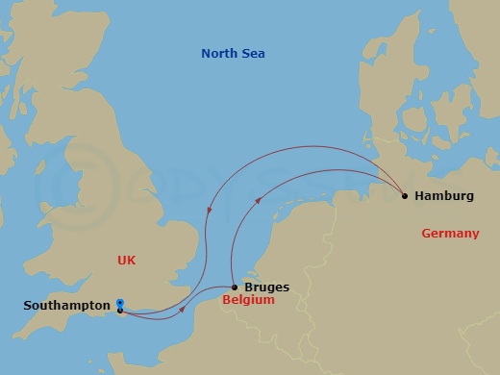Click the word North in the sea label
pyautogui.click(x=218, y=54)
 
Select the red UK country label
pyautogui.click(x=127, y=260)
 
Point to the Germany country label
pyautogui.click(x=450, y=234)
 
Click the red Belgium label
pyautogui.click(x=248, y=300)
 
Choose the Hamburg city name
pyautogui.click(x=444, y=196)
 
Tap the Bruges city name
pyautogui.click(x=266, y=287)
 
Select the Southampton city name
pyautogui.click(x=65, y=306)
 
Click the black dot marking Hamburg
pyautogui.click(x=405, y=196)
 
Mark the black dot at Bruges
pyautogui.click(x=236, y=287)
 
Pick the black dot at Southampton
pyautogui.click(x=119, y=310)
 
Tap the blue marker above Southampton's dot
pyautogui.click(x=119, y=302)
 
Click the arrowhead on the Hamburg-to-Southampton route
pyautogui.click(x=211, y=212)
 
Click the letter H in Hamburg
pyautogui.click(x=420, y=196)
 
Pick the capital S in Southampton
pyautogui.click(x=27, y=306)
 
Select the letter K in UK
pyautogui.click(x=133, y=260)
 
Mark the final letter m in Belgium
pyautogui.click(x=269, y=300)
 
